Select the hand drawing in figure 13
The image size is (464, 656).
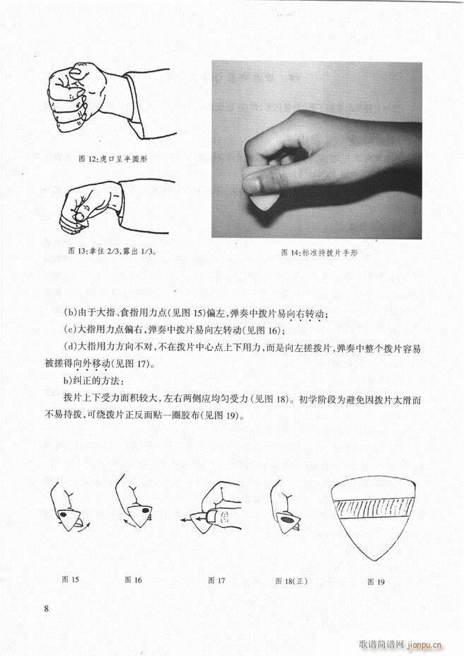coord(88,206)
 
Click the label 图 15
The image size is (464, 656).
coord(70,580)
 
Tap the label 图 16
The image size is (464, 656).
coord(133,580)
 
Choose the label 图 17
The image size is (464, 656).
coord(216,580)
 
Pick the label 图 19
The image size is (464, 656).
coord(376,582)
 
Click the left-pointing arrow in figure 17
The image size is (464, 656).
coord(185,519)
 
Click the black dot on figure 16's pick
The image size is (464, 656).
coord(144,510)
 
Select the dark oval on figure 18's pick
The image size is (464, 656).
coord(289,520)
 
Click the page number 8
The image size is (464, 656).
coord(46,609)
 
